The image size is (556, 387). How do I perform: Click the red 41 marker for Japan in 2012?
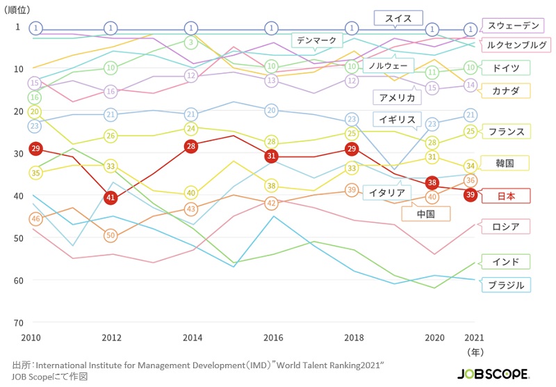coord(111,198)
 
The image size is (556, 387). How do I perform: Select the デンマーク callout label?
coord(316,40)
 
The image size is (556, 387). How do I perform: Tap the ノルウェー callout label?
coord(386,66)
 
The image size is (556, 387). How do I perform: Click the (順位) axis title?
coord(22,10)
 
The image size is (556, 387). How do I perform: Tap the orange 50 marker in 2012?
coord(111,235)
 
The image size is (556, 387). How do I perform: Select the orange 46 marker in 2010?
coord(35,219)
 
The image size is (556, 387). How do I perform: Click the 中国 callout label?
coord(425,214)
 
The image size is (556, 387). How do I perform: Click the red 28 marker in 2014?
coord(191,146)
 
